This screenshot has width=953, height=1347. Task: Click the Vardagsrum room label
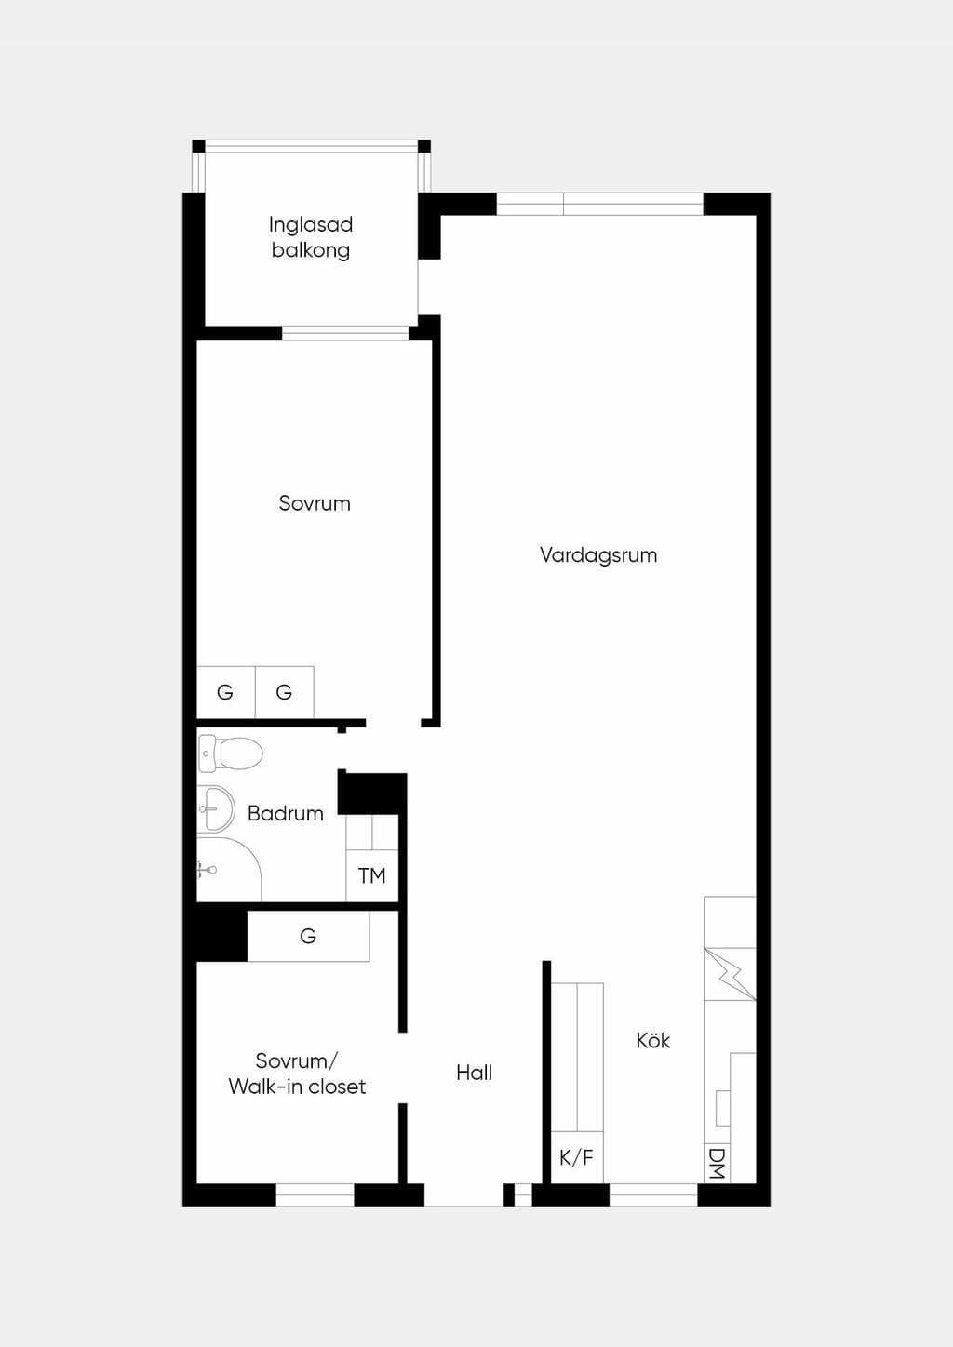[598, 554]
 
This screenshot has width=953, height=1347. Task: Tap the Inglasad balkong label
[311, 237]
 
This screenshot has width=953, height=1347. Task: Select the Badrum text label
[285, 814]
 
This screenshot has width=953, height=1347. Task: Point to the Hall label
[474, 1073]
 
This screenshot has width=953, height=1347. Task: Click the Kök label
[652, 1040]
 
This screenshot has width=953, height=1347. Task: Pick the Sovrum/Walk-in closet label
[297, 1074]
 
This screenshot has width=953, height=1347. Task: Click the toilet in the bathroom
[231, 753]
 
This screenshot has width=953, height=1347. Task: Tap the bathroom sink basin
[215, 808]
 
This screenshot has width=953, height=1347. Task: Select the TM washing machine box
[372, 875]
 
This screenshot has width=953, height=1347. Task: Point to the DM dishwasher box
[718, 1163]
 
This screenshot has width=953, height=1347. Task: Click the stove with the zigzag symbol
[730, 974]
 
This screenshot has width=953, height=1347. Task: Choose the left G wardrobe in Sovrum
[225, 691]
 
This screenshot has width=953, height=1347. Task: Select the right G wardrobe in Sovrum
[285, 691]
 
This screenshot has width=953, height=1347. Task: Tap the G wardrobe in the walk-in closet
[309, 936]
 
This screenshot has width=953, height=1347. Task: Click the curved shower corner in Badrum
[229, 869]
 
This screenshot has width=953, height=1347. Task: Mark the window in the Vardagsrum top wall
[599, 204]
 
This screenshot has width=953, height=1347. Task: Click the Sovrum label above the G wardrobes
[315, 502]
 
